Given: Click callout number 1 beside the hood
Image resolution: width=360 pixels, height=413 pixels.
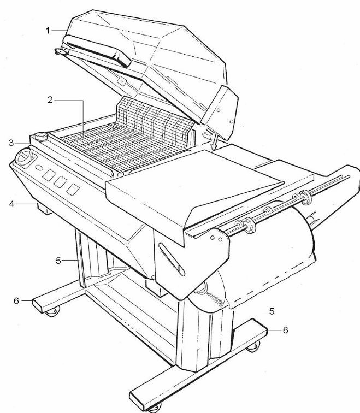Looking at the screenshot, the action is pos(48,31).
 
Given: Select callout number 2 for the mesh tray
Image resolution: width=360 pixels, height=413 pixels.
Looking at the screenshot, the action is pos(50,100).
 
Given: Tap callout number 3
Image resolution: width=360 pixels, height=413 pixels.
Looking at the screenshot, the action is pos(11,143).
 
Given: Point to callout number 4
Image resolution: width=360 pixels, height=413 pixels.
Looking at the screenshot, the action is pos(11,204).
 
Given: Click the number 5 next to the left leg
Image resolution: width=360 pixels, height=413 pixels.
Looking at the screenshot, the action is pos(58,261).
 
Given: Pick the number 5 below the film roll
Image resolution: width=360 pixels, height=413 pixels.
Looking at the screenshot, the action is pos(272,311).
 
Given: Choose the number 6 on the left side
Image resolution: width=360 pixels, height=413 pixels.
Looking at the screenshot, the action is pos(16,300).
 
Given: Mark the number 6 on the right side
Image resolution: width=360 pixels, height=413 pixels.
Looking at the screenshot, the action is pos(286,330).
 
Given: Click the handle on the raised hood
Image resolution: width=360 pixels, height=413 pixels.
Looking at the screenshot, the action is pos(97,50).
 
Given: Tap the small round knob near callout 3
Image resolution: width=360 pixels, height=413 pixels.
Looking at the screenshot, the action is pos(41,136).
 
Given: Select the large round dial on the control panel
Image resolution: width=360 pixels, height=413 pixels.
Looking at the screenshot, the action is pos(24,157).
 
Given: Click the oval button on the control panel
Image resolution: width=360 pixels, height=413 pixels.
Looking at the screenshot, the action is pos(39,168).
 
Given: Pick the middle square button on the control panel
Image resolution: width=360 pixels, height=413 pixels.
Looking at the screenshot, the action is pos(60,182).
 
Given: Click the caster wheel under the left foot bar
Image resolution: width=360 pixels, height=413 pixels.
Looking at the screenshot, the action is pos(52,311).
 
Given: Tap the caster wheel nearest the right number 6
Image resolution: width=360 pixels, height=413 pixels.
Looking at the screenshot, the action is pos(253,346).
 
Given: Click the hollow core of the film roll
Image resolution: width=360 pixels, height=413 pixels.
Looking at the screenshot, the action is pos(202,288).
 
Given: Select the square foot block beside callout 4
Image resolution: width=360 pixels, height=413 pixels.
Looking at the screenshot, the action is pos(44,209).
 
